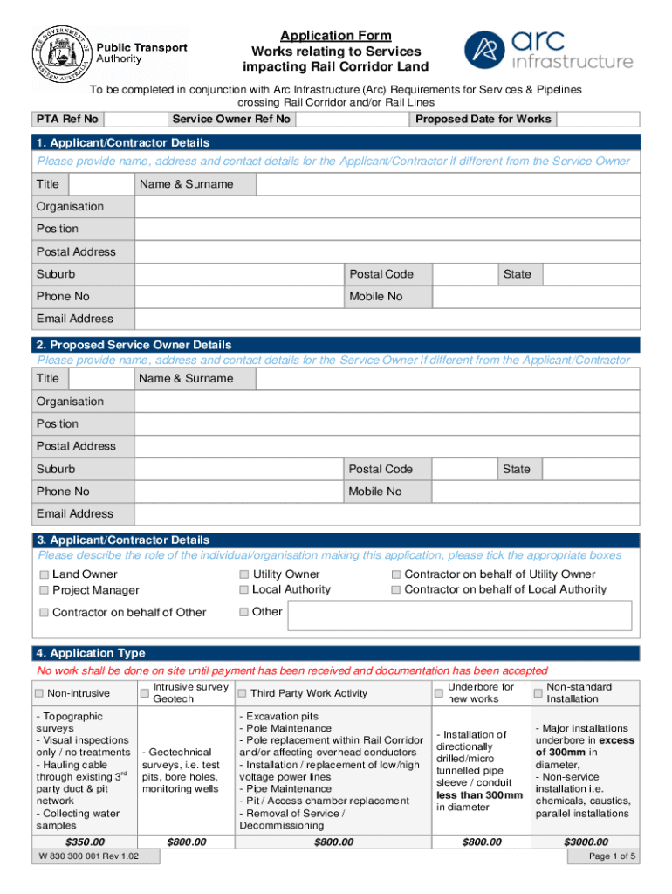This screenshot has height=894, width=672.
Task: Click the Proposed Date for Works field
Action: pyautogui.click(x=598, y=120)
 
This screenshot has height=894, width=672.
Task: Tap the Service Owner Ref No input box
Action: pyautogui.click(x=353, y=120)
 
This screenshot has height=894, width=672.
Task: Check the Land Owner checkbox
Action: pyautogui.click(x=43, y=575)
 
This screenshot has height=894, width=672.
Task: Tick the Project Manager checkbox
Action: pyautogui.click(x=43, y=591)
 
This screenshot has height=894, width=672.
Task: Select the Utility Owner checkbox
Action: pyautogui.click(x=243, y=575)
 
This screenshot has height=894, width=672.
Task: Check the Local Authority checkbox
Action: pyautogui.click(x=243, y=590)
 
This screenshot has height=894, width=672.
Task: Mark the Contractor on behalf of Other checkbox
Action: pyautogui.click(x=43, y=613)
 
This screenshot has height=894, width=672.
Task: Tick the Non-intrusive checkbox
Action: pyautogui.click(x=39, y=693)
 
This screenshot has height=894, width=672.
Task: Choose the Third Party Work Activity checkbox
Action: pyautogui.click(x=242, y=693)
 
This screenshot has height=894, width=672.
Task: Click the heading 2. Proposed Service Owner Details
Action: pyautogui.click(x=134, y=346)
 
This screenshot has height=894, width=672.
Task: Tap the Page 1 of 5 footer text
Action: pyautogui.click(x=613, y=857)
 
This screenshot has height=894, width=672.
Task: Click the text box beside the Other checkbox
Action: pyautogui.click(x=459, y=615)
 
